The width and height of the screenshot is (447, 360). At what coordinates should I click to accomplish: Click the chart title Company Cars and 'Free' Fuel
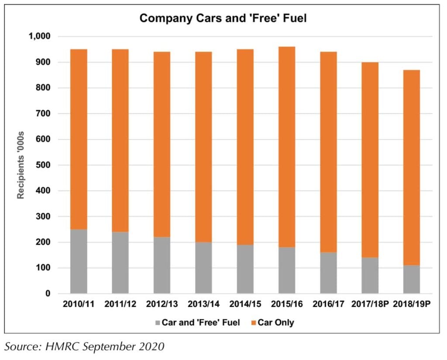coord(223,18)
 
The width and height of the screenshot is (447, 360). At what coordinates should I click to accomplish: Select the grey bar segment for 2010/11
coord(79,261)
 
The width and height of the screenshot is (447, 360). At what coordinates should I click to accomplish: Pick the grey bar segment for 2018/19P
coord(412,280)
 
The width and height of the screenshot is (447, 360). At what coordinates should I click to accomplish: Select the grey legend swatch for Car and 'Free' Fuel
coord(158,323)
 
